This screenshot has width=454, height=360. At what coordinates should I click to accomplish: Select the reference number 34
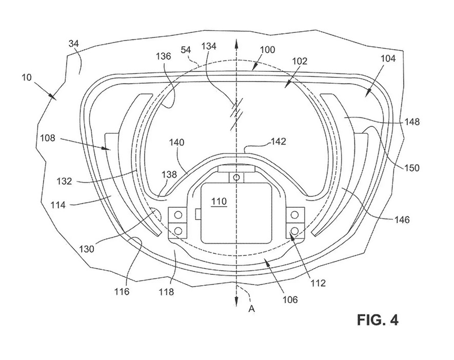(x=74, y=45)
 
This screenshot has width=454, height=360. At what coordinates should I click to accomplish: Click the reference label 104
(x=388, y=58)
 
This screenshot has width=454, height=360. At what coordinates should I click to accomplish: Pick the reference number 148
(x=411, y=122)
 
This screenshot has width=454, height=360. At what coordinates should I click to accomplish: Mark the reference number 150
(x=411, y=168)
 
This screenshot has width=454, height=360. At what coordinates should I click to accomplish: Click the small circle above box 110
(x=235, y=177)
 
